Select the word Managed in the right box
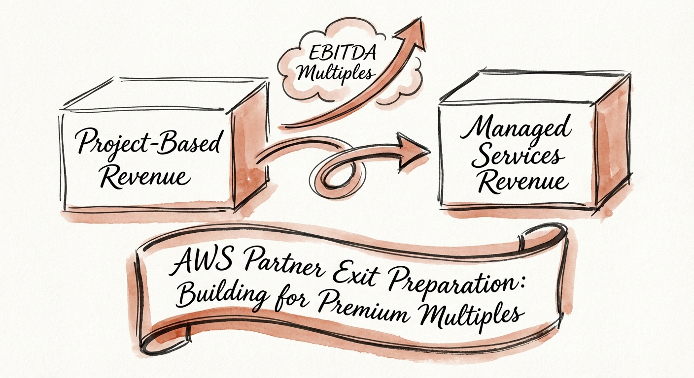[517, 129]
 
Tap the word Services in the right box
[520, 157]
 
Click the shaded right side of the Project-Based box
[251, 148]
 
